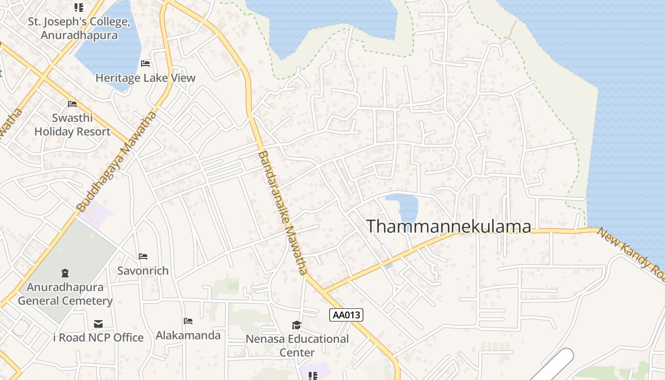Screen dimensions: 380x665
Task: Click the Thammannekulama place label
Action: click(x=449, y=226)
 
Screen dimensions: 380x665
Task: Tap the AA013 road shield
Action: click(x=346, y=314)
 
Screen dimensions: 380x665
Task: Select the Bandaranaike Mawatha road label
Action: click(x=283, y=212)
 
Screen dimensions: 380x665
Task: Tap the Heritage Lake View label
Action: click(x=145, y=78)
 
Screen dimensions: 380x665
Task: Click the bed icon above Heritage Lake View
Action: click(x=145, y=64)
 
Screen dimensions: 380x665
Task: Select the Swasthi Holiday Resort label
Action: click(x=72, y=124)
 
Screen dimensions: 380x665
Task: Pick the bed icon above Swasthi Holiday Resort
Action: click(x=72, y=104)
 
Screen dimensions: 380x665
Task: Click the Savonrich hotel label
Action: click(x=143, y=271)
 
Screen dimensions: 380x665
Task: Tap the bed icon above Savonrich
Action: click(x=143, y=256)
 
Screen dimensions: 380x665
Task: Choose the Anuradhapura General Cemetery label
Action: click(x=65, y=294)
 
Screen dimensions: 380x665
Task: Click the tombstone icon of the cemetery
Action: click(x=65, y=273)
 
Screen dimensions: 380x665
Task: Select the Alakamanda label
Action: click(x=188, y=335)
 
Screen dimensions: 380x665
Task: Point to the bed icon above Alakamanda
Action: click(x=188, y=321)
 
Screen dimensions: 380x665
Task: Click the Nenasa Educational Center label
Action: click(x=297, y=346)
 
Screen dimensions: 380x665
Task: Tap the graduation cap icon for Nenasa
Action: click(x=296, y=325)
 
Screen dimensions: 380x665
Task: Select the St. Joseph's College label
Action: click(x=79, y=28)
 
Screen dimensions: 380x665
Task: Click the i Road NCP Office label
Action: click(x=98, y=338)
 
